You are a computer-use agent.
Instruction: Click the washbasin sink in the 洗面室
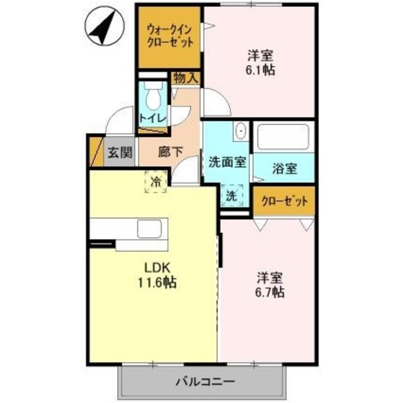tap(241, 131)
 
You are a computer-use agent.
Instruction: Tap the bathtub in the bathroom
tap(283, 137)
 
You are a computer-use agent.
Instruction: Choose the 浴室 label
tap(285, 168)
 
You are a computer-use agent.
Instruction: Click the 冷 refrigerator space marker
tap(156, 182)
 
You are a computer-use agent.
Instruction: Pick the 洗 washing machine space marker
tap(231, 196)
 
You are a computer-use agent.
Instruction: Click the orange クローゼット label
tap(285, 201)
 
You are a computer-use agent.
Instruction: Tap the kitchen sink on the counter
tap(149, 229)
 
